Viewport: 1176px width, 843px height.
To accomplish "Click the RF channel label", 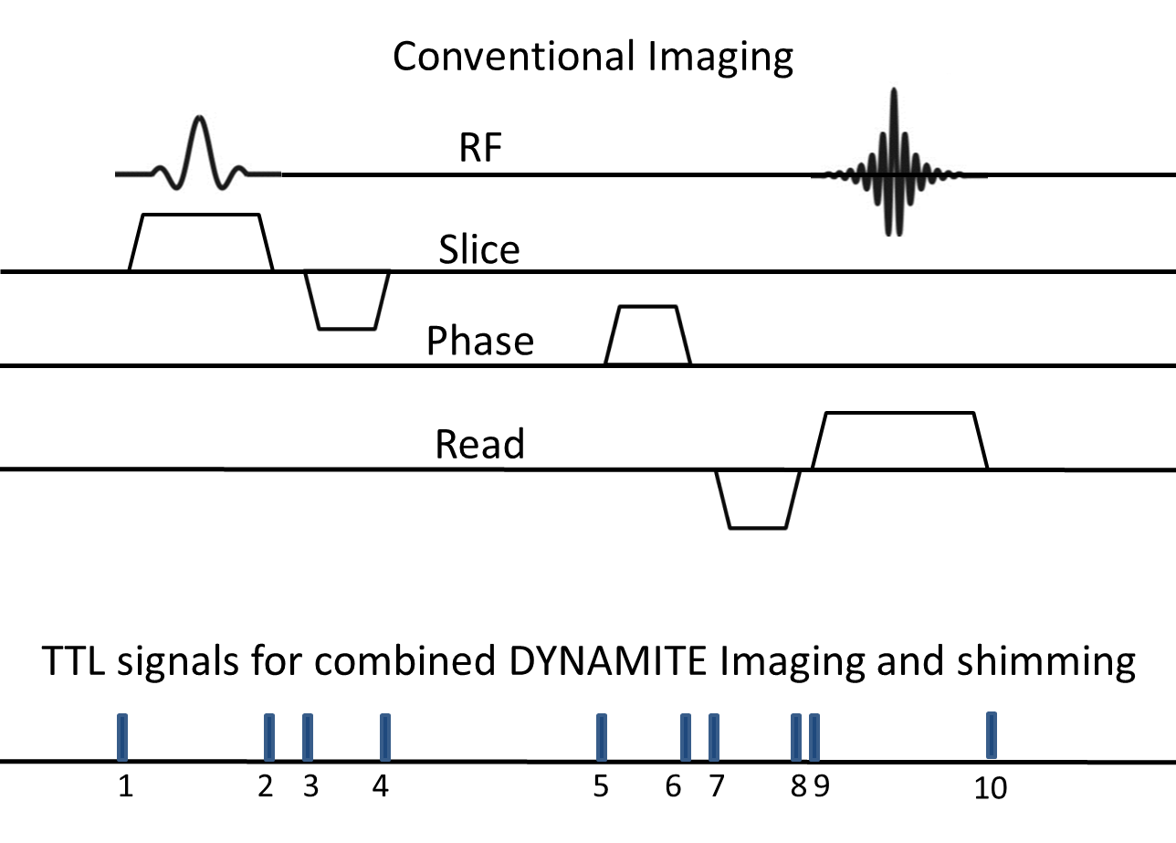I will pos(480,150).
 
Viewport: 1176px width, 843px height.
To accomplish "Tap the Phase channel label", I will pos(480,342).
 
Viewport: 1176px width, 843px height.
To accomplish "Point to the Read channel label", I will pos(480,445).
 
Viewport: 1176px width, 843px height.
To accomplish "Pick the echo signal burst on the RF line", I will pos(893,164).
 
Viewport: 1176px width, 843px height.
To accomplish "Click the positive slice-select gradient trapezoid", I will pos(201,242).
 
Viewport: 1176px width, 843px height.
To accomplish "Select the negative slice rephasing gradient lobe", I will pos(347,300).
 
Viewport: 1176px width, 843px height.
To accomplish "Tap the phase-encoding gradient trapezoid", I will pos(647,335).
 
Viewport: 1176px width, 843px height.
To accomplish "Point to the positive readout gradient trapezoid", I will pos(899,440).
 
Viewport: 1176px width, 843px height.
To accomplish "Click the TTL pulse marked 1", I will pos(122,737).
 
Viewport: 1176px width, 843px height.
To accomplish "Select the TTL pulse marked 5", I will pos(601,737).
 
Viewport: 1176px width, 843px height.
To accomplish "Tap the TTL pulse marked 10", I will pos(992,736).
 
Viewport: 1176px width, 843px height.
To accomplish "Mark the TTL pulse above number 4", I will pos(384,737).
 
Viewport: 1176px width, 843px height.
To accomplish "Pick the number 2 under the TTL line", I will pos(266,787).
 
